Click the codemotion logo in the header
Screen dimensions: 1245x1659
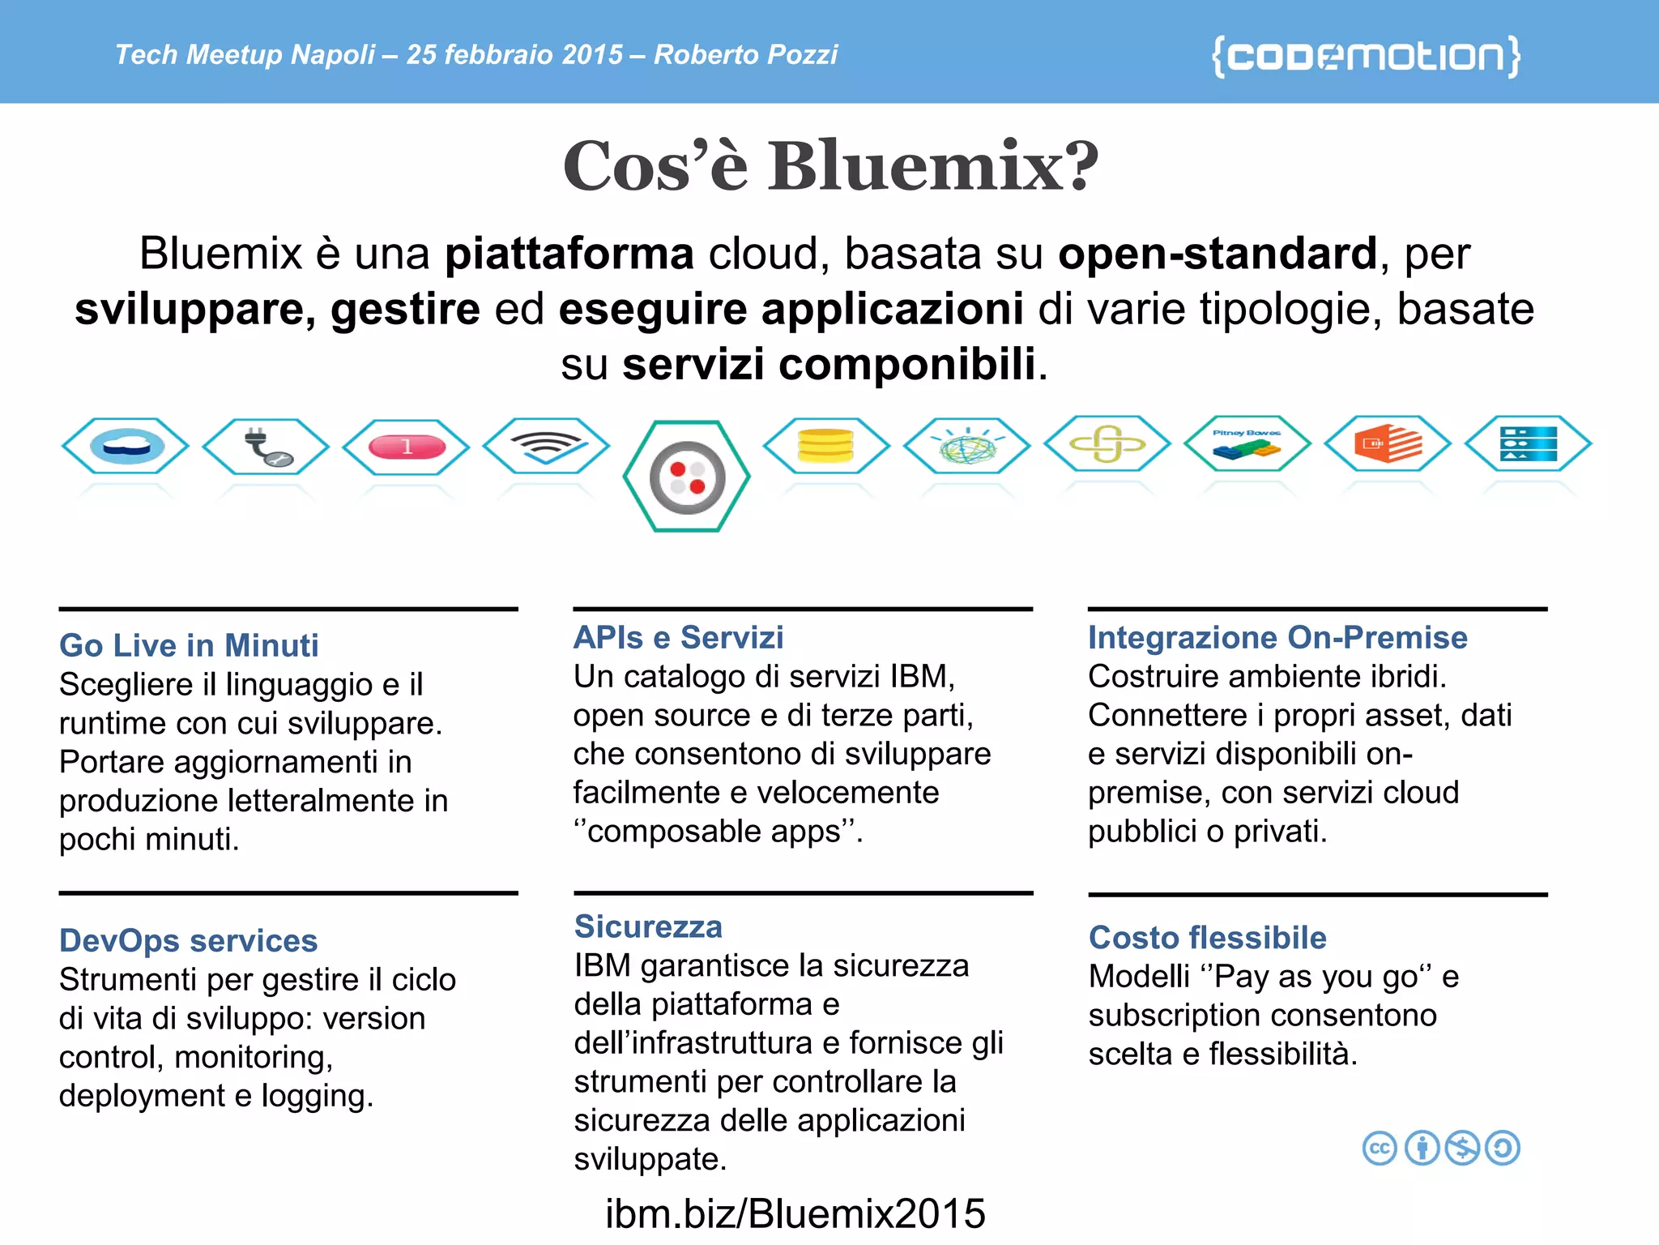tap(1366, 56)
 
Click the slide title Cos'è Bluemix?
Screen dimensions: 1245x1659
tap(830, 166)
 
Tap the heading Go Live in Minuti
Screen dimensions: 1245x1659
tap(189, 645)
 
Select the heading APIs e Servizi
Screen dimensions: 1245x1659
tap(678, 637)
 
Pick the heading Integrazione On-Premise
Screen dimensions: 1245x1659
tap(1277, 637)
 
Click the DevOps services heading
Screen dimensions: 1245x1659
tap(188, 940)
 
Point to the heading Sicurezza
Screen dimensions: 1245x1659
tap(648, 926)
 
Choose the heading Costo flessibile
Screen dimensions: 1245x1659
tap(1207, 938)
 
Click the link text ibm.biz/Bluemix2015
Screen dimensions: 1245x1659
tap(795, 1213)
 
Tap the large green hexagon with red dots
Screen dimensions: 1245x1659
tap(687, 477)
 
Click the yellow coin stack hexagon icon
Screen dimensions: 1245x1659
tap(825, 445)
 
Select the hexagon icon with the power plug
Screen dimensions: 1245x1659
tap(266, 446)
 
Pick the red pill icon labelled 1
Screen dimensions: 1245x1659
tap(406, 446)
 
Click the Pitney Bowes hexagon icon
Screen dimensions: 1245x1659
tap(1247, 444)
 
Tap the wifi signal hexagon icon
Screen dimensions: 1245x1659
tap(546, 445)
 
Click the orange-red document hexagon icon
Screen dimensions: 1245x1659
tap(1388, 444)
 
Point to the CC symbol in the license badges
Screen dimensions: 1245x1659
tap(1380, 1148)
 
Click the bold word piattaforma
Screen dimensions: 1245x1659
tap(569, 254)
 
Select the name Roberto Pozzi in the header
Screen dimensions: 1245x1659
tap(745, 54)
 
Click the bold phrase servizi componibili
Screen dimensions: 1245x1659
tap(829, 364)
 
